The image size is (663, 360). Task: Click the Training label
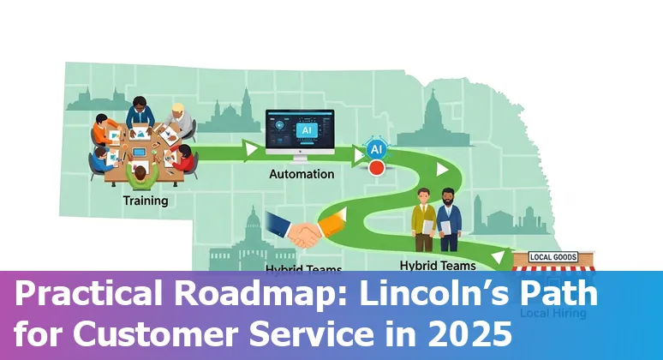click(x=145, y=201)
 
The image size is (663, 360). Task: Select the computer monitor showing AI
click(x=300, y=131)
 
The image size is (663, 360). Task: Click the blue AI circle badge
click(x=376, y=149)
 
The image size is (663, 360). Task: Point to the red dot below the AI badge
click(x=376, y=167)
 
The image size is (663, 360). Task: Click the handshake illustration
click(x=295, y=230)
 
